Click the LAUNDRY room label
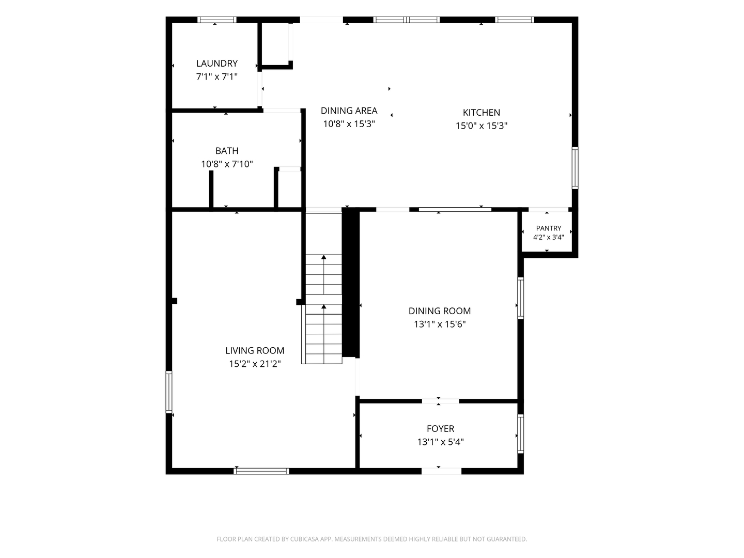click(x=217, y=64)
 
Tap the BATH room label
click(x=227, y=151)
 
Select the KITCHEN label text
click(x=482, y=113)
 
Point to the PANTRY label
click(x=548, y=228)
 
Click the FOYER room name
click(x=440, y=429)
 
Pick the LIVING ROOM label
click(x=255, y=351)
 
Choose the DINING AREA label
click(x=349, y=111)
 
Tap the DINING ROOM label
click(x=440, y=311)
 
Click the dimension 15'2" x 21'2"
click(x=255, y=364)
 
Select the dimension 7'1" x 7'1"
click(x=217, y=76)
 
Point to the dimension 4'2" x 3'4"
click(x=548, y=237)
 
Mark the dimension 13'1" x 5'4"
click(x=440, y=442)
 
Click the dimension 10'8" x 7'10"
click(x=227, y=164)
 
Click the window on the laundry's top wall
click(x=217, y=20)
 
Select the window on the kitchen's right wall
click(x=575, y=168)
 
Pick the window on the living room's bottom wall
click(x=261, y=471)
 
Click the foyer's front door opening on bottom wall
click(x=441, y=471)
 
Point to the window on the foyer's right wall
click(x=521, y=433)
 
